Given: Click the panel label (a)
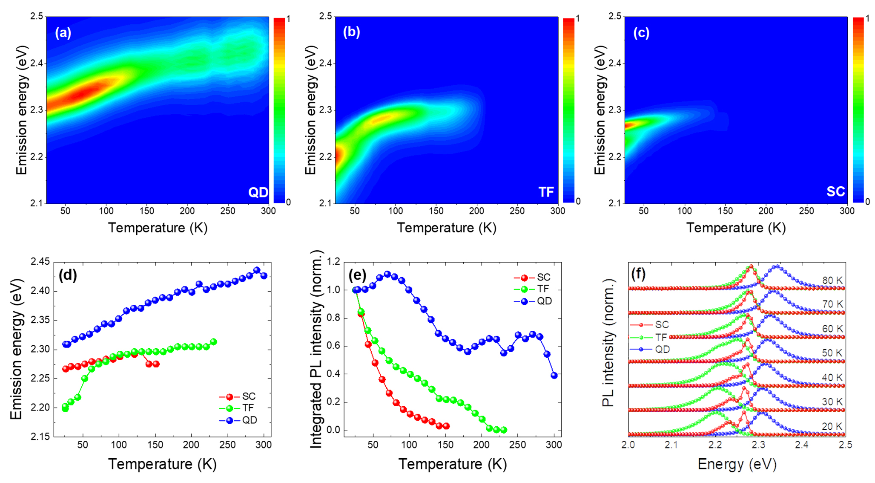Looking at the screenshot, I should coord(63,33).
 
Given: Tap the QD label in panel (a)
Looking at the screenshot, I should coord(258,192).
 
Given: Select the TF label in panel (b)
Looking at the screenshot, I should coord(546,192).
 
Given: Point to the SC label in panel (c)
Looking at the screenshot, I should coord(835,191).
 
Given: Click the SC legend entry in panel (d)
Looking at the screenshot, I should coord(249,396).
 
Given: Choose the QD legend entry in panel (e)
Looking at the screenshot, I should coord(544,301).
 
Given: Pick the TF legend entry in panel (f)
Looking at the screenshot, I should coord(661,337).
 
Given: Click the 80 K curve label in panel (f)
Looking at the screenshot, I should coord(832,281).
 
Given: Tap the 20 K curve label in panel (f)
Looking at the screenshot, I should coord(832,426).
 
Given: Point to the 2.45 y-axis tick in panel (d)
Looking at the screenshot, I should coord(40,262).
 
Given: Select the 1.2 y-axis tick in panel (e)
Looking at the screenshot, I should coord(335,262).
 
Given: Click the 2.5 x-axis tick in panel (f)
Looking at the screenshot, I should coord(845,445).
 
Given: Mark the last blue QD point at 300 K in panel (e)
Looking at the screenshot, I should coord(554,376).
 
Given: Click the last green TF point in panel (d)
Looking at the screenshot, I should coord(214,342).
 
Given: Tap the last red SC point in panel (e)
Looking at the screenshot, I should coord(446,426).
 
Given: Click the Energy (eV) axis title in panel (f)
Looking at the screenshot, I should coord(737,464).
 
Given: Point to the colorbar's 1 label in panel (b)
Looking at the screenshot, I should coord(578,19).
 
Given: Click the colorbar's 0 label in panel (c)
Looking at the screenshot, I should coord(868,201).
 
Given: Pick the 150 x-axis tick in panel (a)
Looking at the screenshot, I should coord(147,211).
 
